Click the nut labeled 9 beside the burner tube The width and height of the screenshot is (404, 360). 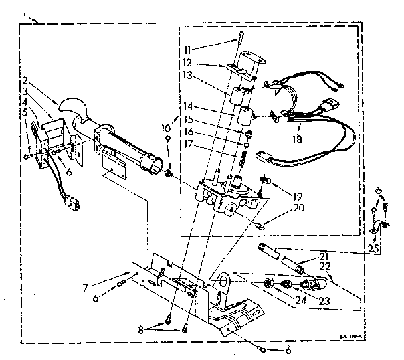coord(171,175)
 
